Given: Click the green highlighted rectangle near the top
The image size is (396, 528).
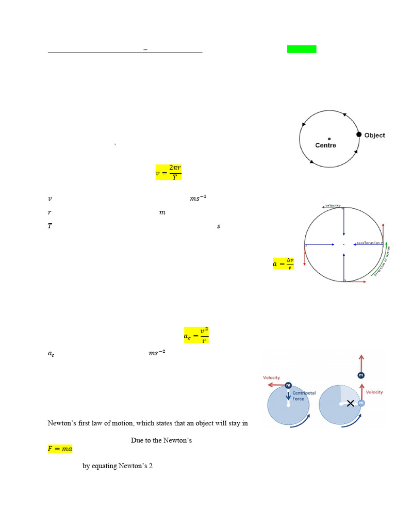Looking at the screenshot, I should click(302, 49).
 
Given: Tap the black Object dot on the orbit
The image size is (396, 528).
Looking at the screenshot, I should click(359, 135).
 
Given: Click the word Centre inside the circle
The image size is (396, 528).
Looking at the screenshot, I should click(325, 145).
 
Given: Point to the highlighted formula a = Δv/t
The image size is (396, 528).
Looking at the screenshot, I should click(283, 263).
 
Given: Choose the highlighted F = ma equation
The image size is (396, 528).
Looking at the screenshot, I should click(60, 449).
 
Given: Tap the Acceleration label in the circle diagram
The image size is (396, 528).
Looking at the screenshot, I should click(368, 242).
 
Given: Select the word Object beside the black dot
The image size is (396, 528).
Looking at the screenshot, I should click(374, 135).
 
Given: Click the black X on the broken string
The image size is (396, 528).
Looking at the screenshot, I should click(351, 403).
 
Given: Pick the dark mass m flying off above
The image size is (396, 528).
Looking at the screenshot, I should click(361, 375).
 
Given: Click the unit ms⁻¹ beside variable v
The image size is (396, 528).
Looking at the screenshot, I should click(198, 198).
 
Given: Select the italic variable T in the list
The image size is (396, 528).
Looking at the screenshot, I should click(49, 226).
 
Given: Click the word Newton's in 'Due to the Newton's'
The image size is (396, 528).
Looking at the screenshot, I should click(177, 440).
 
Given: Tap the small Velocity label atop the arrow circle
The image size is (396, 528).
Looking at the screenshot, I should click(333, 206).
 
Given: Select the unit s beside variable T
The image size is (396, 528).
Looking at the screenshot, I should click(219, 226).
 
